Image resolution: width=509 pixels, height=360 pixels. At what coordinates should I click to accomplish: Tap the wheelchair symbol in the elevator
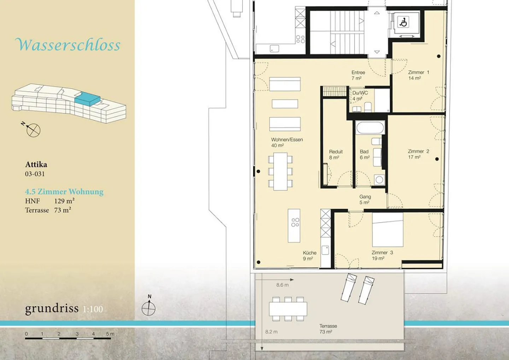[x=403, y=22]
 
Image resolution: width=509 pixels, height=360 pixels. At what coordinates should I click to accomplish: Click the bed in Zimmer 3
[x=388, y=229]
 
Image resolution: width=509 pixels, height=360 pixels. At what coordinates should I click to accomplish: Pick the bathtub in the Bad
[x=370, y=128]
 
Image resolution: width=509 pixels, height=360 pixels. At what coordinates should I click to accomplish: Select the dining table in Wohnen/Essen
[x=280, y=171]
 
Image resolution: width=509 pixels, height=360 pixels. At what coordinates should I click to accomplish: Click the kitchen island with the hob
[x=294, y=226]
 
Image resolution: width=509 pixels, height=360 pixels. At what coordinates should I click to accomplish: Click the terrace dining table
[x=288, y=309]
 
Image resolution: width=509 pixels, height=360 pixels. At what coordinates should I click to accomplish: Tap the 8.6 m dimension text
[x=282, y=285]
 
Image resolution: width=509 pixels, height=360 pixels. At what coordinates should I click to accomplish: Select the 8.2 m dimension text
[x=271, y=332]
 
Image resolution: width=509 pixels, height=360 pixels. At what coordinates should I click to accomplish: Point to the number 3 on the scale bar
[x=77, y=334]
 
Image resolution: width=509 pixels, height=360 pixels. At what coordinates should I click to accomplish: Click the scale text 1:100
[x=93, y=309]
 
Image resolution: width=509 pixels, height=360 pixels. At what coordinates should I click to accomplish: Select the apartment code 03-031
[x=35, y=174]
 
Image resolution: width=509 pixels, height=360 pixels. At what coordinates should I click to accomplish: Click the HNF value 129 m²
[x=64, y=201]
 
